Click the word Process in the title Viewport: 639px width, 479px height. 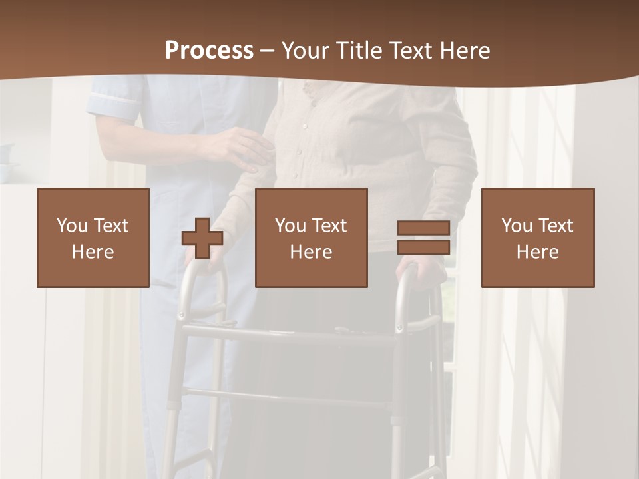(x=209, y=51)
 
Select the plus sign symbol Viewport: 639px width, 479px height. (x=202, y=238)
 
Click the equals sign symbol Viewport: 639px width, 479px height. (x=423, y=238)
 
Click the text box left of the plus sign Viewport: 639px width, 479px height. (x=93, y=238)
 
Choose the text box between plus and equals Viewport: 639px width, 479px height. (x=312, y=238)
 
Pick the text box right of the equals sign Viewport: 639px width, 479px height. (x=538, y=238)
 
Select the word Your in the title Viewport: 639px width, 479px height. (x=305, y=51)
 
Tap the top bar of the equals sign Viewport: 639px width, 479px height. (x=423, y=228)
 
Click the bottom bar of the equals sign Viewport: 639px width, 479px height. (x=423, y=247)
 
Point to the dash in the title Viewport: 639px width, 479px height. (x=267, y=51)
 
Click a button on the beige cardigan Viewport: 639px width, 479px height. (x=304, y=125)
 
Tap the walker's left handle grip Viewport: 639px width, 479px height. (x=200, y=266)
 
